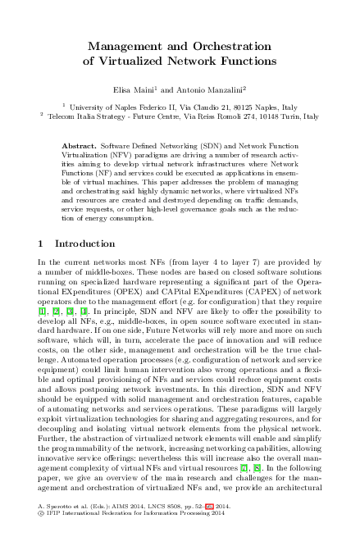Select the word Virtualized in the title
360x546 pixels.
[x=144, y=61]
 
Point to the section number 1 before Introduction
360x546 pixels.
[x=42, y=243]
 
